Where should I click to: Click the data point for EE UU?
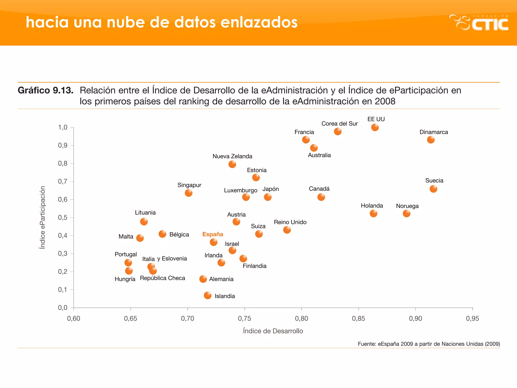(375, 127)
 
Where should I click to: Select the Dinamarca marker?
(431, 140)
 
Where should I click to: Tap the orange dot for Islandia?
(208, 295)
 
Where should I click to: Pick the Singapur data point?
(189, 193)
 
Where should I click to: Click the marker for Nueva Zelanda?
(232, 164)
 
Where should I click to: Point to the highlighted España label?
(213, 234)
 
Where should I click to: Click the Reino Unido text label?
(290, 222)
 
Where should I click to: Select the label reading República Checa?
(162, 278)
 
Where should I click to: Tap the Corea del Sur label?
(340, 124)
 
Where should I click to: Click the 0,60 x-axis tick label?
(73, 319)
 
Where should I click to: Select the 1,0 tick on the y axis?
(63, 127)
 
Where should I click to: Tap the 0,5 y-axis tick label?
(63, 217)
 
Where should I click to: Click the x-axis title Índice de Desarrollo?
(273, 331)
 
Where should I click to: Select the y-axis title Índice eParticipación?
(42, 217)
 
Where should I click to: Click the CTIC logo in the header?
(479, 23)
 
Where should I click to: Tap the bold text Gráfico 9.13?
(45, 90)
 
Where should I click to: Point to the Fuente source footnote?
(429, 344)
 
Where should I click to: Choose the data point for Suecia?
(433, 189)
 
